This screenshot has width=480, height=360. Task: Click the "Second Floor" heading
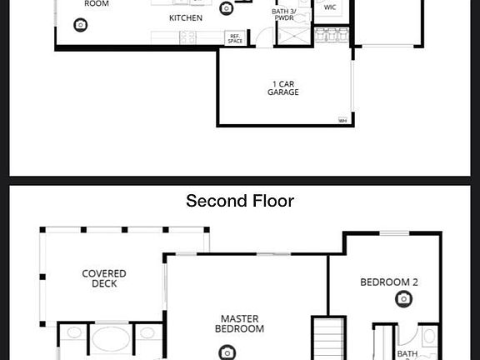click(240, 201)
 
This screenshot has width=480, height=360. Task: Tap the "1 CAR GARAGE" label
click(283, 87)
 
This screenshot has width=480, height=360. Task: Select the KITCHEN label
click(185, 17)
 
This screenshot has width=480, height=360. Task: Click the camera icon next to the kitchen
click(227, 8)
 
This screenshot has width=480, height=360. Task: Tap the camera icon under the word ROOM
click(80, 25)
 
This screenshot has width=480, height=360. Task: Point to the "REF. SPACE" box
click(235, 38)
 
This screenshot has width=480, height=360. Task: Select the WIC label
click(330, 7)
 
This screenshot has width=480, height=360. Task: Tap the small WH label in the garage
click(342, 121)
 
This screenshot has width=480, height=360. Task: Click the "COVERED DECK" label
click(104, 278)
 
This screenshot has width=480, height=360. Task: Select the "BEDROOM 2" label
click(389, 282)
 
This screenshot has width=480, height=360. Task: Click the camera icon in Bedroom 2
click(404, 298)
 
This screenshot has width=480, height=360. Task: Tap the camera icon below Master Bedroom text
click(227, 352)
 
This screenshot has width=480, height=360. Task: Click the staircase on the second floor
click(328, 340)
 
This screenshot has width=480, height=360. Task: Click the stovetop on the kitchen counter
click(185, 37)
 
